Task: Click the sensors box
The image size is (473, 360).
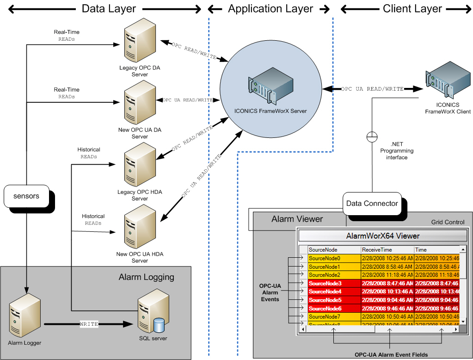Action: [26, 196]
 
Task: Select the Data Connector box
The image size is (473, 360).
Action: [372, 203]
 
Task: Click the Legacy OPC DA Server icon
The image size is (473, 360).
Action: [136, 46]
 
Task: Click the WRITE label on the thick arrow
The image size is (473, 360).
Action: [89, 324]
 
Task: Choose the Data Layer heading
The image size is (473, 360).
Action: [109, 9]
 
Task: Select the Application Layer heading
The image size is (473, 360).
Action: [270, 9]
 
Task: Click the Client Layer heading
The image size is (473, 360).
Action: [412, 9]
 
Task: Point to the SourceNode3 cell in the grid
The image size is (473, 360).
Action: [333, 283]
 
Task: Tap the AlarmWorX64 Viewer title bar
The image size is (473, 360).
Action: [383, 236]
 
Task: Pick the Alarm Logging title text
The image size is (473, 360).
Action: [146, 277]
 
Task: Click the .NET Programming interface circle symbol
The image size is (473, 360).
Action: [372, 137]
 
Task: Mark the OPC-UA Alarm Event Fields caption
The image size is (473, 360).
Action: [391, 355]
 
